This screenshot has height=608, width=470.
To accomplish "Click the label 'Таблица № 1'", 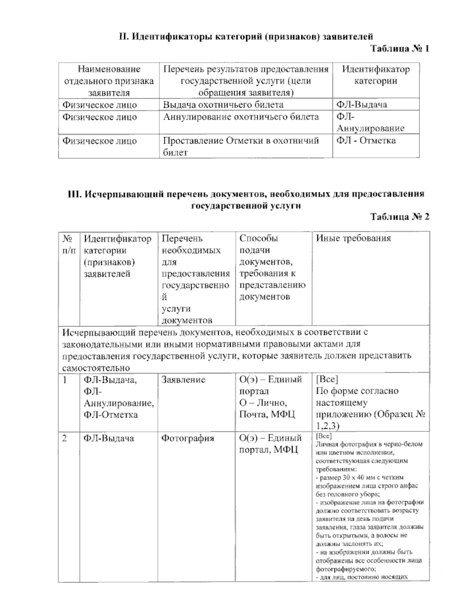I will pyautogui.click(x=400, y=49).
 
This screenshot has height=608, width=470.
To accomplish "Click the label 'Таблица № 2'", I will pyautogui.click(x=400, y=217).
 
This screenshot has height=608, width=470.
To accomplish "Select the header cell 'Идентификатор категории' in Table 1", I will pyautogui.click(x=376, y=75).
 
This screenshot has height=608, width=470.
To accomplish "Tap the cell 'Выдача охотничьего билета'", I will pyautogui.click(x=223, y=105).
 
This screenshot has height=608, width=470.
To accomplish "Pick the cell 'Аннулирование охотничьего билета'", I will pyautogui.click(x=241, y=117).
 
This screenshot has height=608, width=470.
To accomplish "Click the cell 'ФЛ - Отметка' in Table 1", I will pyautogui.click(x=366, y=141).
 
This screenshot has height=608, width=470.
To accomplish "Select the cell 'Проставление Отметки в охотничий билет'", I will pyautogui.click(x=240, y=146).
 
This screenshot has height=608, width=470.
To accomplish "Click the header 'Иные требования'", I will pyautogui.click(x=353, y=238).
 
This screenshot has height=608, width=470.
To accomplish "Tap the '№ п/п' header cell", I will pyautogui.click(x=69, y=244).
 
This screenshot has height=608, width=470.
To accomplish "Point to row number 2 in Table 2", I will pyautogui.click(x=65, y=438).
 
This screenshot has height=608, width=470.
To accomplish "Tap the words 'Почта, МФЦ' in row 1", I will pyautogui.click(x=267, y=415).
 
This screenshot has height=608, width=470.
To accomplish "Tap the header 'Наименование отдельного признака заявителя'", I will pyautogui.click(x=109, y=81).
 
